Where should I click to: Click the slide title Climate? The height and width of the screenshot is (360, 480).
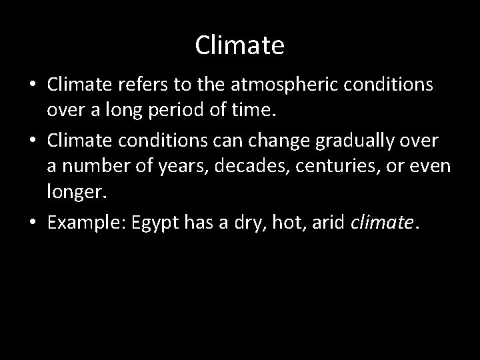[240, 45]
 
